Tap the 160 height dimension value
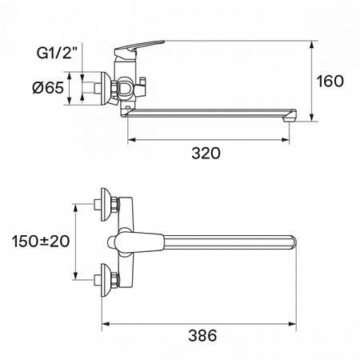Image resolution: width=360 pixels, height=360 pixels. click(330, 81)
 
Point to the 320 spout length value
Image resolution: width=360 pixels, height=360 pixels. click(206, 153)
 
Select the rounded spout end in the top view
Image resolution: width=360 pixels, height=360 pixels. click(290, 241)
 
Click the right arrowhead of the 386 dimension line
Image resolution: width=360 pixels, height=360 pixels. click(296, 324)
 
